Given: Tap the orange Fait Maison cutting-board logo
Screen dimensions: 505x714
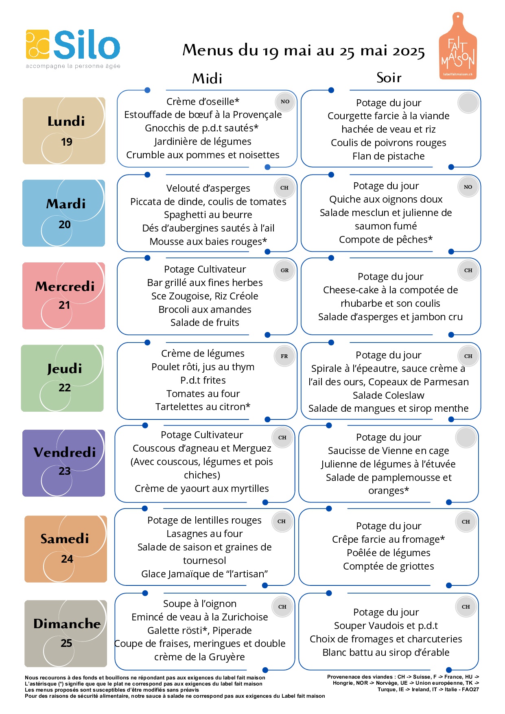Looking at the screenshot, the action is pos(458,46).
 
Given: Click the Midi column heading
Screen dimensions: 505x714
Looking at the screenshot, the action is pos(207,78).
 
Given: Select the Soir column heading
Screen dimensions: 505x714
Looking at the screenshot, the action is pos(389,77).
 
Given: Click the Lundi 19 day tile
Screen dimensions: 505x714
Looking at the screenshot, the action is pos(64,131).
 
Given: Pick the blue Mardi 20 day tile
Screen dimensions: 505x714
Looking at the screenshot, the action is pos(64,213).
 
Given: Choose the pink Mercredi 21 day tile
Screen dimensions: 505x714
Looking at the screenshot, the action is pos(64,296).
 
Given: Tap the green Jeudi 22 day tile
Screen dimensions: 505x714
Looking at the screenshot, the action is pos(63,378).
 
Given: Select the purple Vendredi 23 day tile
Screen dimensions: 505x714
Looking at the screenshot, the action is pos(64,463).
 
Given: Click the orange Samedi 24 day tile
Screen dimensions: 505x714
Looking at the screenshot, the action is pos(66,549).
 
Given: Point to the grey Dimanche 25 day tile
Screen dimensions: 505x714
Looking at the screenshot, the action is pos(66,633).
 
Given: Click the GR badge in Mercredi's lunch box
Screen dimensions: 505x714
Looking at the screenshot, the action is pos(284,270).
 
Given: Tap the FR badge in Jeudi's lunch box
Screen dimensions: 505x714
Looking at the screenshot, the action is pos(284,356).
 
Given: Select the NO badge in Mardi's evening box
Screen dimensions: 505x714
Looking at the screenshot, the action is pos(468,187).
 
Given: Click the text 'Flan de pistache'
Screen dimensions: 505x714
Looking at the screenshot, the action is pos(389,156).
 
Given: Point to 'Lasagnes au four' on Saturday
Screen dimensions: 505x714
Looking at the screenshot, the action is pos(204,534).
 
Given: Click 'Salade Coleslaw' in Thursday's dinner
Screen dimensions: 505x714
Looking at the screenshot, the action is pos(389,395).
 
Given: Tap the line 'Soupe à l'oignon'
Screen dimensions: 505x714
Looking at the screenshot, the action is pos(200,604).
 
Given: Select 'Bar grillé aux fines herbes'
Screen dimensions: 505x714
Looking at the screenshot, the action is pos(205,283).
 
